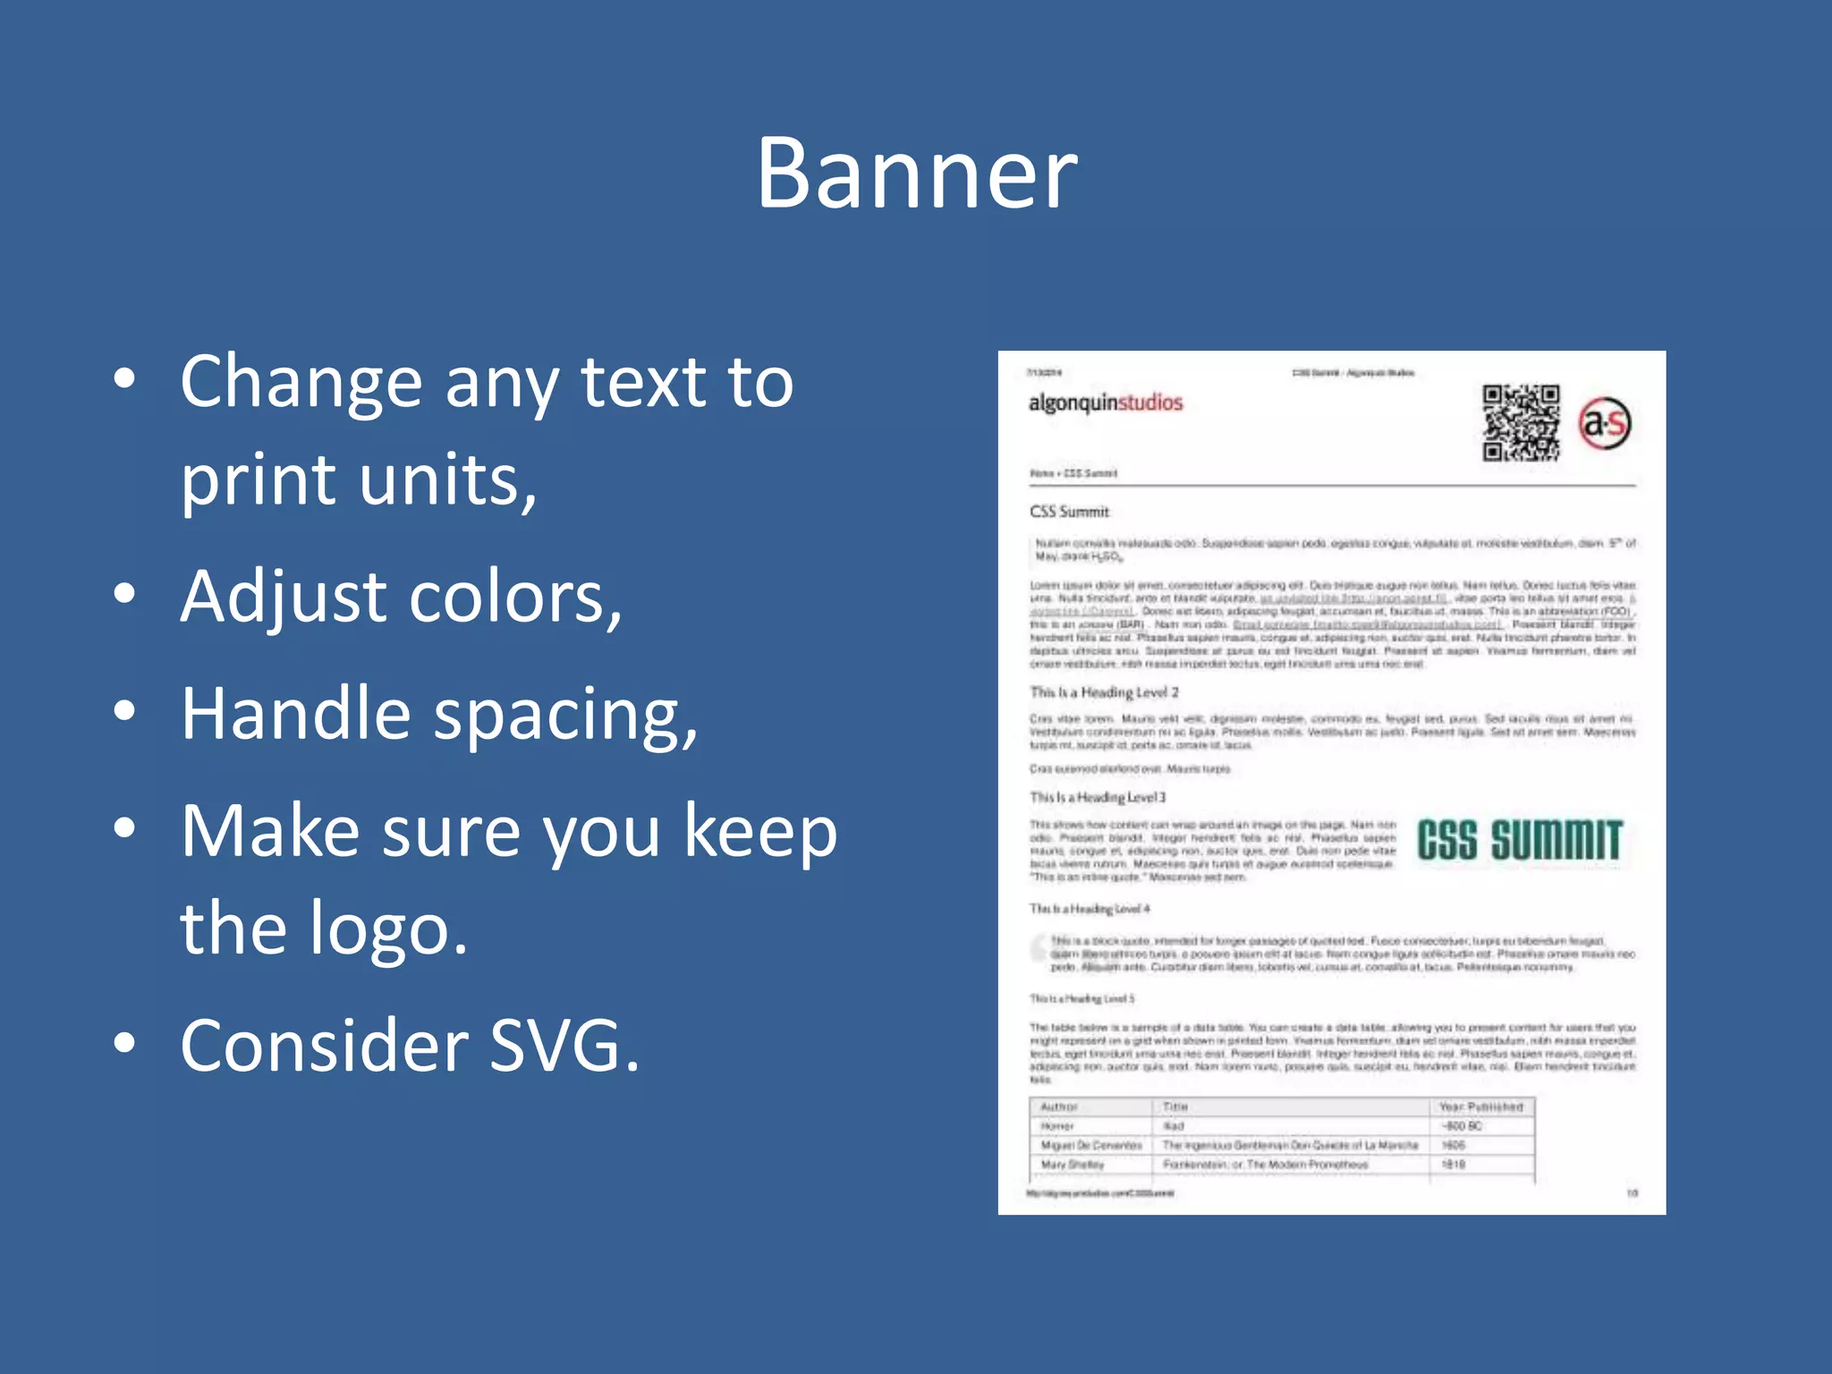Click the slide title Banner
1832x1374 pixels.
coord(917,174)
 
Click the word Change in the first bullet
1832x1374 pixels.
coord(301,383)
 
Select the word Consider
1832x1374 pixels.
coord(324,1046)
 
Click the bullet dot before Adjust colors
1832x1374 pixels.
coord(125,593)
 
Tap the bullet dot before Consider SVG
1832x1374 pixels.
coord(125,1042)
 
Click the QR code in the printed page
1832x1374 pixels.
coord(1521,422)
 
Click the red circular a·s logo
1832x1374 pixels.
coord(1605,423)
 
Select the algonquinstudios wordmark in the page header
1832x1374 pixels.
coord(1106,403)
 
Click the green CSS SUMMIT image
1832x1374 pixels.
coord(1519,841)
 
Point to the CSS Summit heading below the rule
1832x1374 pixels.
coord(1069,512)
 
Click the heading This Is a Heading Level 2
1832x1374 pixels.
coord(1104,692)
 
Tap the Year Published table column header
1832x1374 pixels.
coord(1480,1107)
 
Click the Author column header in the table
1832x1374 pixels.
coord(1059,1107)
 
